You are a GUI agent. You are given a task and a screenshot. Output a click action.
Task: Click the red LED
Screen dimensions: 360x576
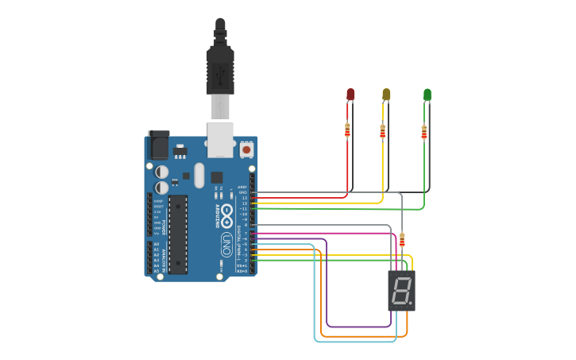(x=350, y=95)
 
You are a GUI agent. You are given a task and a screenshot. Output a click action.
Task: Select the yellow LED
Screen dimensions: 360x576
(x=386, y=95)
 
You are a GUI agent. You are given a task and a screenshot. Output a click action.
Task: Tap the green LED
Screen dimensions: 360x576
(x=427, y=95)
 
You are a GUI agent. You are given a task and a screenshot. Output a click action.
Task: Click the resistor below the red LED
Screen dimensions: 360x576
(x=347, y=131)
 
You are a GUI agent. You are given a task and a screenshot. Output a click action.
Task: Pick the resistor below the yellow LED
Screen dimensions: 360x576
(x=383, y=131)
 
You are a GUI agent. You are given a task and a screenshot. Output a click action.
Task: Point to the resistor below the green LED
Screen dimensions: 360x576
(x=423, y=132)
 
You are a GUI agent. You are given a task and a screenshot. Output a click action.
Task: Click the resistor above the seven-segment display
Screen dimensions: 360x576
(x=402, y=239)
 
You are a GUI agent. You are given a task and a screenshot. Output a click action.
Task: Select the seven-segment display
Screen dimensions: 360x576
(x=401, y=290)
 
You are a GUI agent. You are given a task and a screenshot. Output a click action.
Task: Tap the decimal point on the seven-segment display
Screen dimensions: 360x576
(x=412, y=303)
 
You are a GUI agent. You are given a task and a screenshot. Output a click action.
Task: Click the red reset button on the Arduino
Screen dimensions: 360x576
(x=246, y=149)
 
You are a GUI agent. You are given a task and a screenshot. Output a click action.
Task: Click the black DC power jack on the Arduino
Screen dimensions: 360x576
(x=158, y=145)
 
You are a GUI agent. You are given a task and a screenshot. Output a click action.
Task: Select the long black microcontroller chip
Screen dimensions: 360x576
(x=178, y=234)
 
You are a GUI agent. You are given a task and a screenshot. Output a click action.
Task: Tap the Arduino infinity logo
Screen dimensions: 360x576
(x=226, y=212)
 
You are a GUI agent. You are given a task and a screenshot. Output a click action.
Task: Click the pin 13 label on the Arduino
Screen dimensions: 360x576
(x=244, y=197)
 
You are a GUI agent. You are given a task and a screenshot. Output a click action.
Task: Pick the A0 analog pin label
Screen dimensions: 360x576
(x=156, y=245)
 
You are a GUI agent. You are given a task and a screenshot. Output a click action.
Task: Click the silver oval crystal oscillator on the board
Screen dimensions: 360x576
(x=199, y=175)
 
